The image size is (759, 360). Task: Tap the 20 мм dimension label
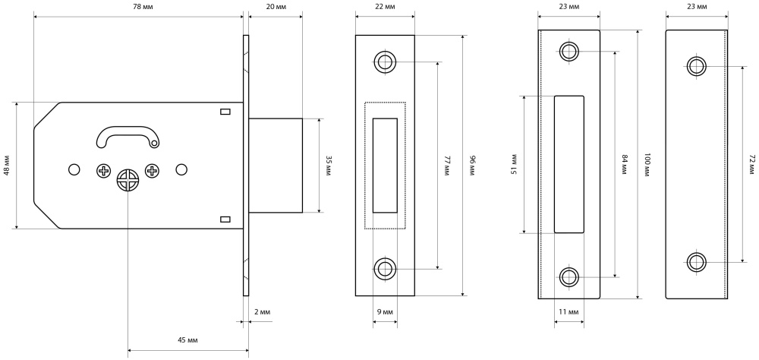(276, 6)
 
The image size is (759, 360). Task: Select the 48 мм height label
(7, 166)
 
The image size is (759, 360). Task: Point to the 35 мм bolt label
(329, 166)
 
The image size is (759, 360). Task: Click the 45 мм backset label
(187, 339)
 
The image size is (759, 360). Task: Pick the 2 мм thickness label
(261, 312)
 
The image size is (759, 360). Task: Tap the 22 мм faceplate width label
(385, 6)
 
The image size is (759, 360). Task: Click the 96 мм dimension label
(471, 166)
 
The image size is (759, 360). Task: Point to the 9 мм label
(385, 312)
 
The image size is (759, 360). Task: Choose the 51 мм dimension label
(514, 164)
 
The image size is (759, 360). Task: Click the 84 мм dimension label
(624, 164)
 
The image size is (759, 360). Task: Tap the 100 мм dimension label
(647, 164)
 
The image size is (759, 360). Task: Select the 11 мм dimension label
(568, 312)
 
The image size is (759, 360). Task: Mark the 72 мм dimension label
(751, 164)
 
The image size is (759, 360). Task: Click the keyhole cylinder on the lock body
(128, 180)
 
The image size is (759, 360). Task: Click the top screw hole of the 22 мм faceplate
(385, 62)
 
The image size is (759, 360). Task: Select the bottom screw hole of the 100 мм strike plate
(568, 276)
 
